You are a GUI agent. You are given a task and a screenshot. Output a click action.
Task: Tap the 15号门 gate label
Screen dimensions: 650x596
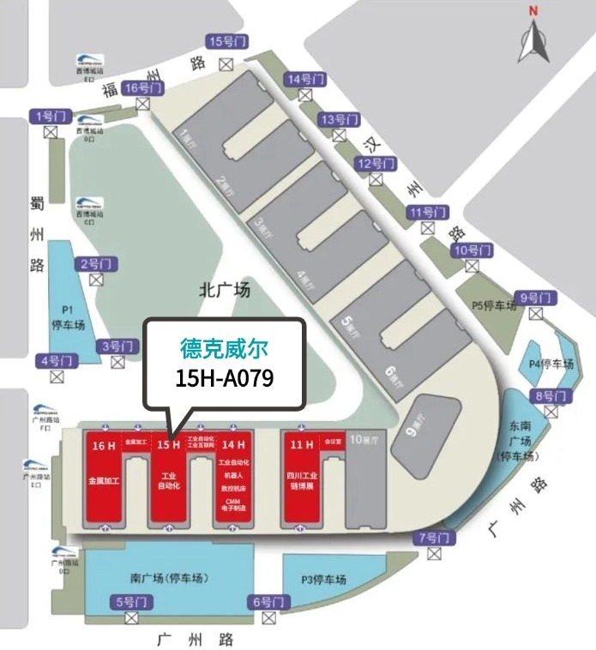226,41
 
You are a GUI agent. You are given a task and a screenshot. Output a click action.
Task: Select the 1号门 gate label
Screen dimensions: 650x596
50,116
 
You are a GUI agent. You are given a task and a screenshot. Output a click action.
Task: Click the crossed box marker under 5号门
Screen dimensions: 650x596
131,618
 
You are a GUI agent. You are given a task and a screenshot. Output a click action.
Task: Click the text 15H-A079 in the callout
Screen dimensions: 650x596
225,376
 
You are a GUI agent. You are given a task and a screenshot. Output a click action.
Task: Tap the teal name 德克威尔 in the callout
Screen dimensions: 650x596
225,346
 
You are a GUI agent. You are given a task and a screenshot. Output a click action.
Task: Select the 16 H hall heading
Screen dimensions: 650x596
103,445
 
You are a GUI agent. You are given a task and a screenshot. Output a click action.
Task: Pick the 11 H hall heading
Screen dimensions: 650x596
301,445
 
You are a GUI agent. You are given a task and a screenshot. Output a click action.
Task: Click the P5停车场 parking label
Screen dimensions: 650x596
495,305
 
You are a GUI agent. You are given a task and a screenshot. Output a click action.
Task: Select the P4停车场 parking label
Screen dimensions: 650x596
550,363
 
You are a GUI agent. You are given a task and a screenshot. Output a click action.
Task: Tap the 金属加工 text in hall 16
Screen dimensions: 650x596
103,480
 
